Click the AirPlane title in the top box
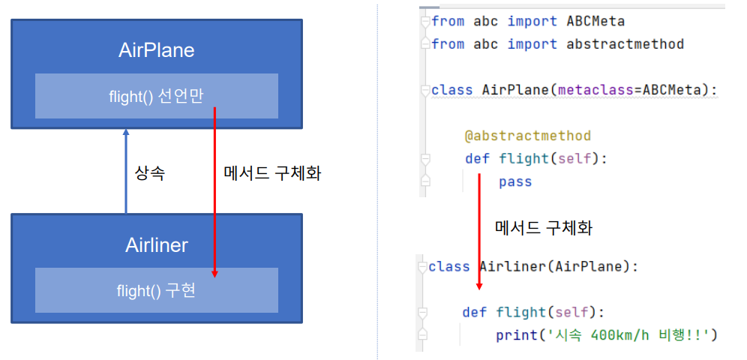(x=156, y=50)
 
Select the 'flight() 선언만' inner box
(x=156, y=95)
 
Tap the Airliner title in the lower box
(x=156, y=245)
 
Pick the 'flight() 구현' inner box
(x=156, y=290)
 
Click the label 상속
(x=149, y=173)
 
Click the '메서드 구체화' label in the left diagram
(x=273, y=173)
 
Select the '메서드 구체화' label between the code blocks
(x=544, y=227)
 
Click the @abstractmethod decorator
(x=527, y=136)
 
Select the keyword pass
(x=515, y=181)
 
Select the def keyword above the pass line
(x=477, y=158)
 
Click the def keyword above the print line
(x=475, y=312)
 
